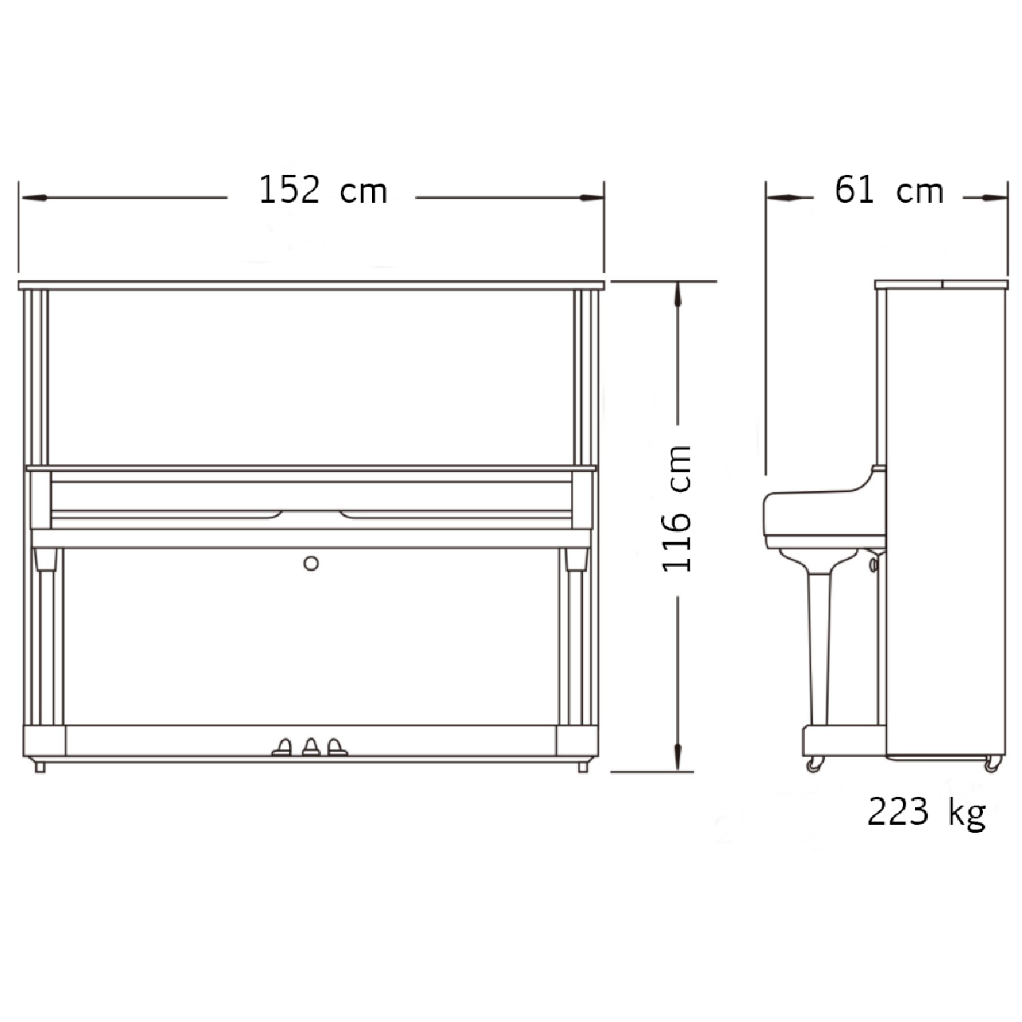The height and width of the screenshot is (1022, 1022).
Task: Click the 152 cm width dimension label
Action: click(323, 190)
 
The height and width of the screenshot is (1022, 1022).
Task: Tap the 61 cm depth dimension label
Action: click(889, 190)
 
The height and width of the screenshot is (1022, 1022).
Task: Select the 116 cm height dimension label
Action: click(677, 509)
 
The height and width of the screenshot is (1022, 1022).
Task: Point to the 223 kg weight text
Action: click(926, 813)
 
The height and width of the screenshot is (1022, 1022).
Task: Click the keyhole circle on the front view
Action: click(311, 563)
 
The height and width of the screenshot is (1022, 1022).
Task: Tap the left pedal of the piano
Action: click(283, 747)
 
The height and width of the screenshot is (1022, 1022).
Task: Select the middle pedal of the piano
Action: click(311, 747)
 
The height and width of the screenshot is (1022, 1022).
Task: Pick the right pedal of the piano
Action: click(336, 747)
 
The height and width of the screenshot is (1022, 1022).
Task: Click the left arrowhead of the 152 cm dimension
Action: click(34, 198)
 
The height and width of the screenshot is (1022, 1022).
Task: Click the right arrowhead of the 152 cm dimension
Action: click(591, 198)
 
